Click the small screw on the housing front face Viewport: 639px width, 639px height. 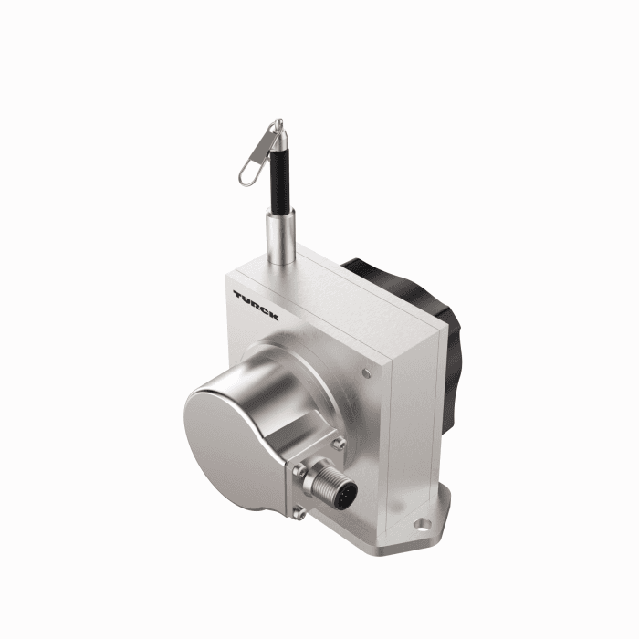pyautogui.click(x=367, y=372)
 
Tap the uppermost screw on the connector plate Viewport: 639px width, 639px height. pyautogui.click(x=340, y=445)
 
